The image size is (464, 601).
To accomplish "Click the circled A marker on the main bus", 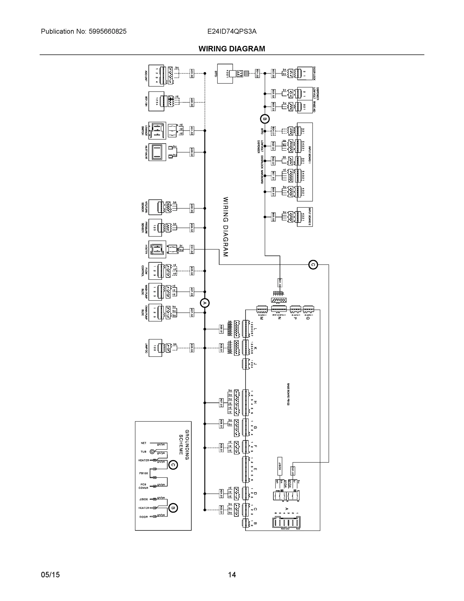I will [x=205, y=303].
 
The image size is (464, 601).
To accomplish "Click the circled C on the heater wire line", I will [x=313, y=265].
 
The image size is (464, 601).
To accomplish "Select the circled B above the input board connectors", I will [x=265, y=119].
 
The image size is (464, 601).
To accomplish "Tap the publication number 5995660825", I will [x=108, y=31].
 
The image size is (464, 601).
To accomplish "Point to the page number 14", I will [x=232, y=575].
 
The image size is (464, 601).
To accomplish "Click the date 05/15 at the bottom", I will [x=50, y=575].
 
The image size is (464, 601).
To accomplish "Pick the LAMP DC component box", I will [x=155, y=348].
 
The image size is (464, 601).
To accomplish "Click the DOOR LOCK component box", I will [x=305, y=73].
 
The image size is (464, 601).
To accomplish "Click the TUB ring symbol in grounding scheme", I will [x=152, y=452].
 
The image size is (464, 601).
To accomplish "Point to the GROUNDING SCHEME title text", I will [x=184, y=445].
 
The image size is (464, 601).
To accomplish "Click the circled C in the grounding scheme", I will [x=173, y=465].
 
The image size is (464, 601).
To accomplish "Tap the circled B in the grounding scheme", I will [x=173, y=508].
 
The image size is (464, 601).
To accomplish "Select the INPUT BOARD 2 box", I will [x=305, y=217].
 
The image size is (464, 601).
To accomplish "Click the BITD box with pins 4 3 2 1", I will [x=225, y=73].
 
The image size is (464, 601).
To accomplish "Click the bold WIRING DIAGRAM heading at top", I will [x=232, y=49].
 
